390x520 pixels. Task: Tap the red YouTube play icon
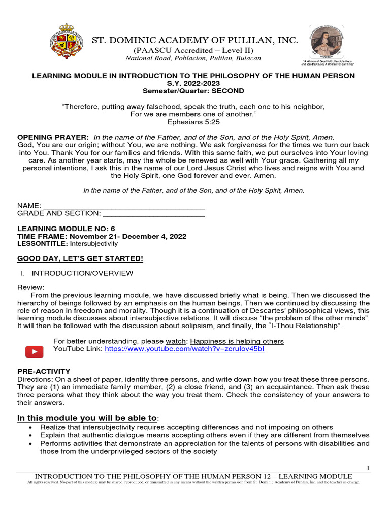[x=34, y=351]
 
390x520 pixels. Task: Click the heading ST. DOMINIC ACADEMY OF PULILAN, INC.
[x=194, y=40]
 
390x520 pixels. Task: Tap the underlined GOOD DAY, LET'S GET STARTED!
[x=80, y=259]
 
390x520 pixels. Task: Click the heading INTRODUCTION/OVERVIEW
[x=82, y=273]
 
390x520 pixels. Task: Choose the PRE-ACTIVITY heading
[x=44, y=371]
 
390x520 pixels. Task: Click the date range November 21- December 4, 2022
[x=128, y=236]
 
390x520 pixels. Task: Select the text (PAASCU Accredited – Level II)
[x=193, y=50]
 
